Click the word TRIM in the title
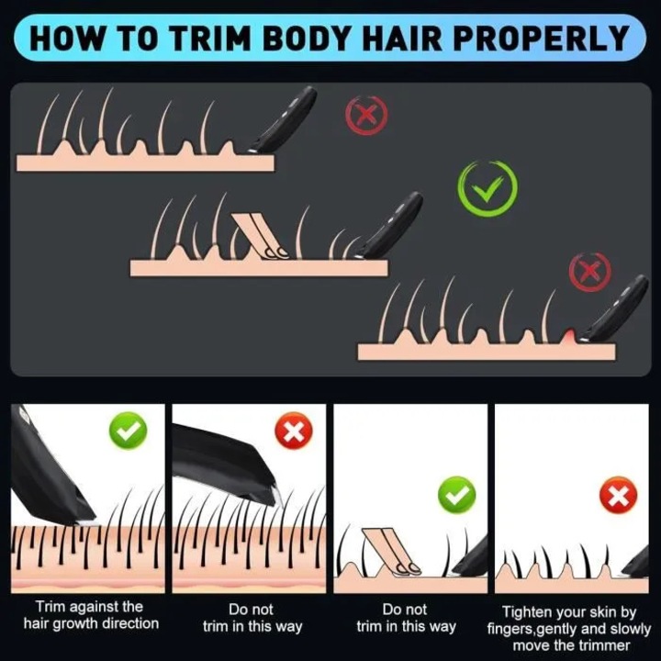(210, 39)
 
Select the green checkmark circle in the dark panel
(487, 186)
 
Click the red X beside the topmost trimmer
(366, 114)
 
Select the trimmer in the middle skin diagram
(390, 226)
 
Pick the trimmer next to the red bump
(614, 308)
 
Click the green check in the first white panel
(129, 431)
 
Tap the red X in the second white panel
(294, 431)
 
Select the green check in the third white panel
(457, 496)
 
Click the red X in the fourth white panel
(619, 496)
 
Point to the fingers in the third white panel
(392, 552)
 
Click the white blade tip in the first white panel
(87, 522)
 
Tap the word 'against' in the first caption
(91, 607)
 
